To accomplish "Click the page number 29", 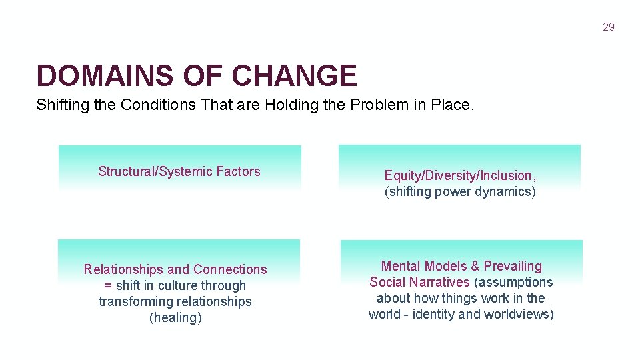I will click(x=608, y=27).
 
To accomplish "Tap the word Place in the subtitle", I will click(x=452, y=105).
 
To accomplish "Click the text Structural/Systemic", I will click(x=155, y=171).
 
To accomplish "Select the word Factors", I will click(x=238, y=171).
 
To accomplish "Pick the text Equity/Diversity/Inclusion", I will click(x=458, y=176).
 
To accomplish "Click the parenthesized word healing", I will click(x=175, y=317).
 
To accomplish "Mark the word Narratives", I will click(x=437, y=282).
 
